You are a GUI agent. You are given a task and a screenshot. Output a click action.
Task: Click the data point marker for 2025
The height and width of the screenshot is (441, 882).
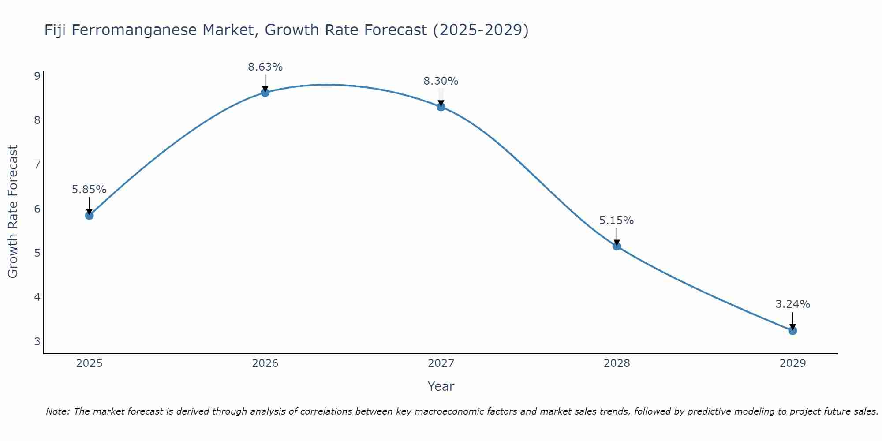89,215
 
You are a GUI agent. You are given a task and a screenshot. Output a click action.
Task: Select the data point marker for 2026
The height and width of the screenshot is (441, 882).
265,92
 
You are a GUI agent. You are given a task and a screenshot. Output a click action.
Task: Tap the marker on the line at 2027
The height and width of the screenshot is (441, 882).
441,107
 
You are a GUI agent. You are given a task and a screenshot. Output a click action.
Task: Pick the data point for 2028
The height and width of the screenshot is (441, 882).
617,246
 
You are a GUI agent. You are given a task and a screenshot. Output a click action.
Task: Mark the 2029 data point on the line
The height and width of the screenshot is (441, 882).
792,330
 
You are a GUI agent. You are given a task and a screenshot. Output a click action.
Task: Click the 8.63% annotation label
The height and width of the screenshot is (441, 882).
265,67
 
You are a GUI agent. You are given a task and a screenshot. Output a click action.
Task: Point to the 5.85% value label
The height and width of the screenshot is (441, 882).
89,190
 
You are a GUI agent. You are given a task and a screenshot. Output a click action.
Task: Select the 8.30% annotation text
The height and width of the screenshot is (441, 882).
441,81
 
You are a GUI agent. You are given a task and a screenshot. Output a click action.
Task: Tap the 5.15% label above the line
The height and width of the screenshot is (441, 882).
617,220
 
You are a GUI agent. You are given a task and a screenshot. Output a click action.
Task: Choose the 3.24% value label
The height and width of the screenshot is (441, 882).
792,304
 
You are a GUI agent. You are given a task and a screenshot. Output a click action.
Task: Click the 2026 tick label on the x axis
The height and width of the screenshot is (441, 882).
265,363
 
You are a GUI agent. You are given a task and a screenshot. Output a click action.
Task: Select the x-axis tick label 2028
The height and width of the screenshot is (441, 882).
617,363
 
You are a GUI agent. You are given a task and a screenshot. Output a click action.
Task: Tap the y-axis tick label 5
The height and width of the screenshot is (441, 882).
37,253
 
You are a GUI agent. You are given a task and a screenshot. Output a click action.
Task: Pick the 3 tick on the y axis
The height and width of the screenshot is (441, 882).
37,341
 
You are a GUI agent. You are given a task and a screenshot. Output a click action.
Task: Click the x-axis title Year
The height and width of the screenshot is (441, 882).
441,386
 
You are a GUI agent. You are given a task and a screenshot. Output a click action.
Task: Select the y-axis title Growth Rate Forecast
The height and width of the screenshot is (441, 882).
13,212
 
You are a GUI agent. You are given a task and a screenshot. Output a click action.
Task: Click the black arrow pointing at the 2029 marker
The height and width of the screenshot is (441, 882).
792,321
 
